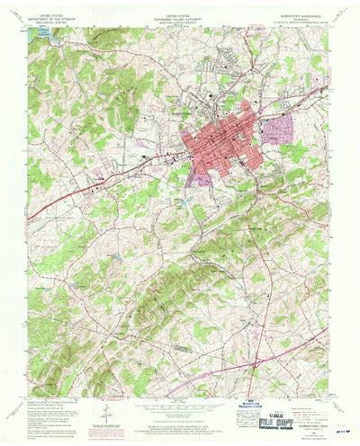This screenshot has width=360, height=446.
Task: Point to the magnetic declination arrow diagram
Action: [106, 412]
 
